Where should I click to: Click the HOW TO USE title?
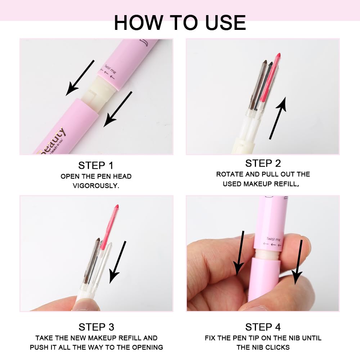pyautogui.click(x=180, y=22)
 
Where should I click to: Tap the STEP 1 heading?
pyautogui.click(x=96, y=165)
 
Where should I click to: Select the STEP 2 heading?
pyautogui.click(x=263, y=163)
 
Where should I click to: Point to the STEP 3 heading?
pyautogui.click(x=96, y=327)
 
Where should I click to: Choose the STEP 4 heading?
pyautogui.click(x=263, y=327)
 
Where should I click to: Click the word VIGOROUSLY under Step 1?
pyautogui.click(x=96, y=186)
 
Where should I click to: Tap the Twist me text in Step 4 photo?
pyautogui.click(x=274, y=239)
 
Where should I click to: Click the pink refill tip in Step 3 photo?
pyautogui.click(x=116, y=208)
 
